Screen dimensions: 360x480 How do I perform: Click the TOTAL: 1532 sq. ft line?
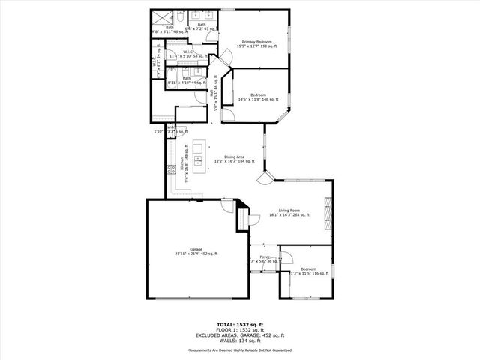pos(240,323)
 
